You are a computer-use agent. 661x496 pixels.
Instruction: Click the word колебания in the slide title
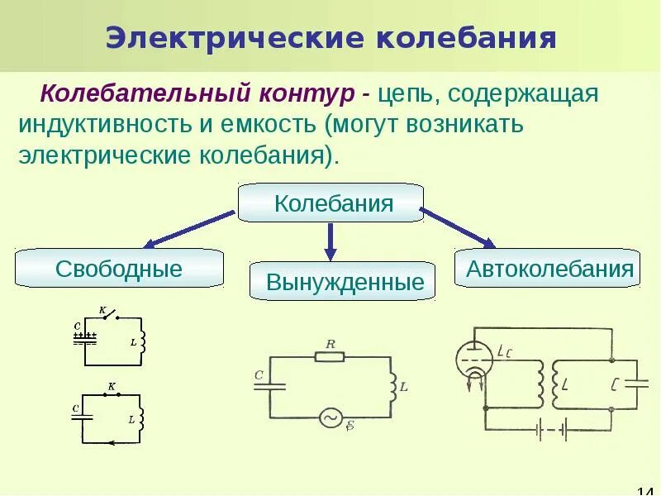[468, 38]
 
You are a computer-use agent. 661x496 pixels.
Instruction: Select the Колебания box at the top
[330, 203]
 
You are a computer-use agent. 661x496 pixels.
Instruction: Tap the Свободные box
[119, 269]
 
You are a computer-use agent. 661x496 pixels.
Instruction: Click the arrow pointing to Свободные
[190, 229]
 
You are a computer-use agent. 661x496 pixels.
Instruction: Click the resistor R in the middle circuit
[330, 357]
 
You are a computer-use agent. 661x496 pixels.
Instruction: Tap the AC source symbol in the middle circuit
[331, 418]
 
